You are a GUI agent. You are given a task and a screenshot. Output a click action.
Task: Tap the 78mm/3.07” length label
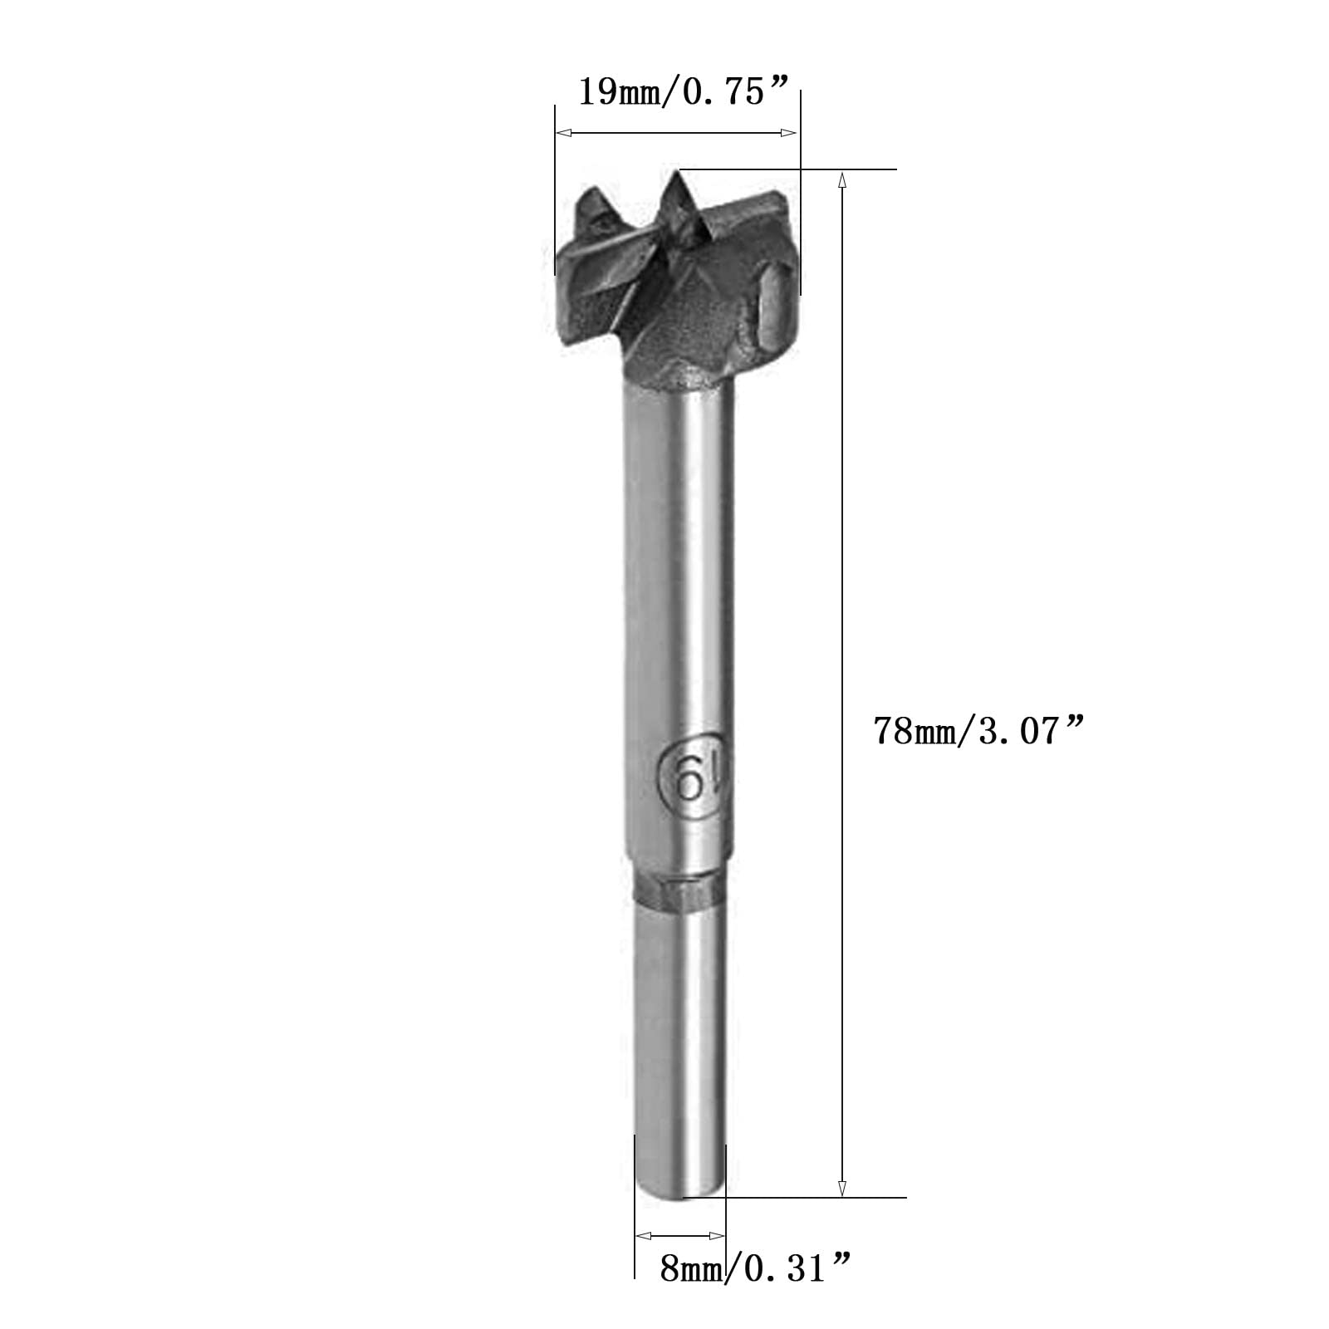click(979, 732)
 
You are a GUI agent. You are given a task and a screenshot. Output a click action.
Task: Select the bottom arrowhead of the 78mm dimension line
click(841, 1186)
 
